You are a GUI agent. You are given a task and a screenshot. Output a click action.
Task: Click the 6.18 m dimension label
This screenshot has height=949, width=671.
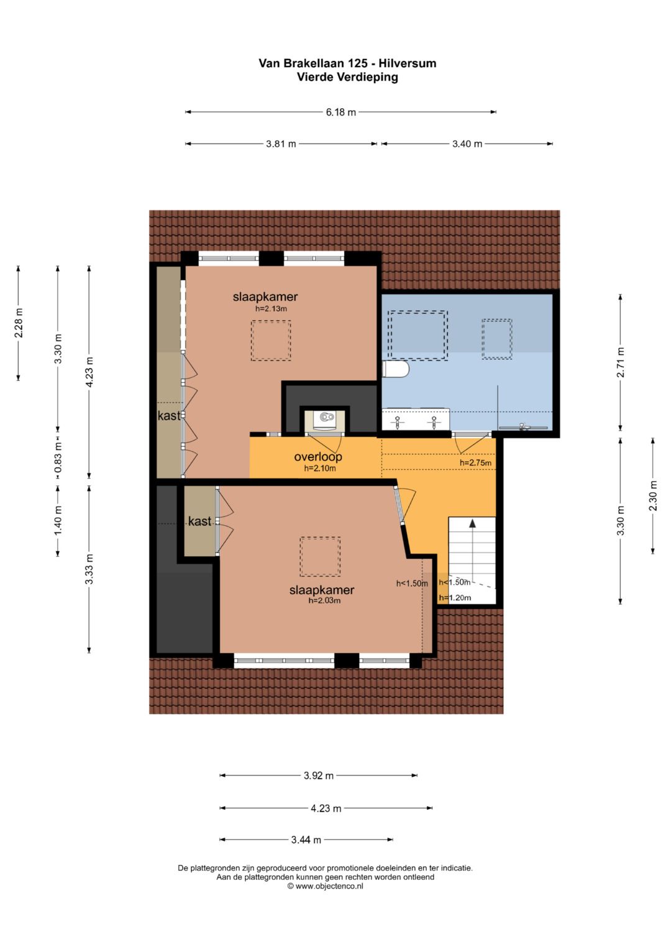tap(340, 112)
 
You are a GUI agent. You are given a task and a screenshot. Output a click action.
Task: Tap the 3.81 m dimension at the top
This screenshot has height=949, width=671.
tap(281, 144)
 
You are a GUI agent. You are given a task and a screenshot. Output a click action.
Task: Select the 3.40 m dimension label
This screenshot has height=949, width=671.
tap(467, 144)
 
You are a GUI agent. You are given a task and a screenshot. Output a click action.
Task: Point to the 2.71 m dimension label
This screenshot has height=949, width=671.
tap(620, 362)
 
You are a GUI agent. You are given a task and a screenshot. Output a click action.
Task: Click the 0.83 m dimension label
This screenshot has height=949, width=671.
tap(58, 457)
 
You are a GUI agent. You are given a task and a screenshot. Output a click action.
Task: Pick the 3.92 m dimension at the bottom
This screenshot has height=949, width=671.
tap(319, 776)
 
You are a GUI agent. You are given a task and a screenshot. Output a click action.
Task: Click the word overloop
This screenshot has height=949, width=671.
tap(317, 457)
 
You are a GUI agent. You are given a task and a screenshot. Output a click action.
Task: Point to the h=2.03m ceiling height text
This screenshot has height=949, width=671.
tap(324, 600)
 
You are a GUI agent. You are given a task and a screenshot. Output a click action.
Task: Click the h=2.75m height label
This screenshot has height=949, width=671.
tap(475, 462)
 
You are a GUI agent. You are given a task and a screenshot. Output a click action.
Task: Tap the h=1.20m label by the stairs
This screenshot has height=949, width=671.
tap(455, 598)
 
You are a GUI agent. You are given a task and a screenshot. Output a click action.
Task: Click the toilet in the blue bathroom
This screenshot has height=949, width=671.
tap(395, 369)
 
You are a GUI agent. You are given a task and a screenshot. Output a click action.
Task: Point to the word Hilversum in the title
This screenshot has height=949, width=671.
tap(407, 63)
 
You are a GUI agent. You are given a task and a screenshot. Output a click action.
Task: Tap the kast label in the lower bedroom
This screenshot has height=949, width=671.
tap(199, 521)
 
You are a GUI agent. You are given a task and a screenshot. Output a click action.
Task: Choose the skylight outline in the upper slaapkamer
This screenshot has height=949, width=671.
tap(271, 340)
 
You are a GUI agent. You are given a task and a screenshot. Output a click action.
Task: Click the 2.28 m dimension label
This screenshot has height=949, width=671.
tap(19, 323)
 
